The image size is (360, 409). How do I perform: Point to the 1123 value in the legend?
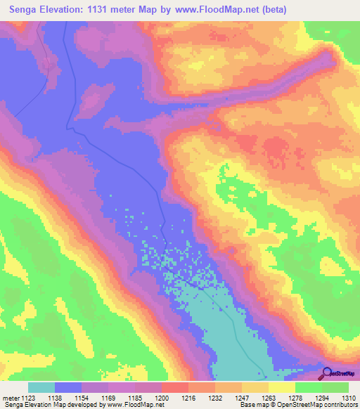(x=29, y=398)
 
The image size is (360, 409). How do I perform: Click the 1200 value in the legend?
(x=162, y=398)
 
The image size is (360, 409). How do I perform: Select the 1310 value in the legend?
(x=348, y=398)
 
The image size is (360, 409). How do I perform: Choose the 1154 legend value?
(x=82, y=398)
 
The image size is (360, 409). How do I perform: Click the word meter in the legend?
(x=11, y=398)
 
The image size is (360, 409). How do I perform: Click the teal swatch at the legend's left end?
(x=41, y=387)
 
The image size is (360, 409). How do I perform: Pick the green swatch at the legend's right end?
(x=335, y=387)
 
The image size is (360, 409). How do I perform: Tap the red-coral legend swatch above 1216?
(x=175, y=387)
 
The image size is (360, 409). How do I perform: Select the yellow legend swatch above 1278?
(x=282, y=387)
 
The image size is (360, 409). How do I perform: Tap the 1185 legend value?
(x=136, y=398)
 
